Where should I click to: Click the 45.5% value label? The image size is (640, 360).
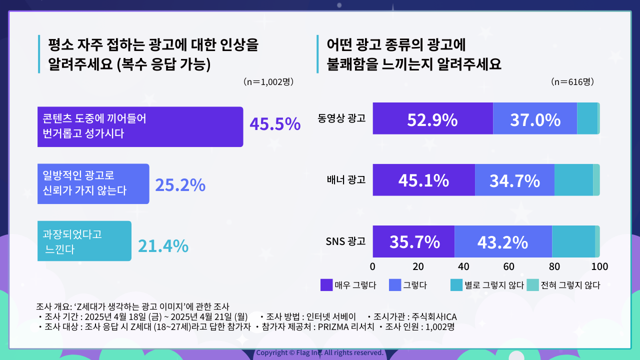(x=275, y=124)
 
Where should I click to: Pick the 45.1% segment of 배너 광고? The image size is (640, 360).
(x=423, y=180)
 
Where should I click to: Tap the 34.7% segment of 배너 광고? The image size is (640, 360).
(x=514, y=180)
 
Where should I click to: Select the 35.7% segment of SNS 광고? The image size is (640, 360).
(x=413, y=241)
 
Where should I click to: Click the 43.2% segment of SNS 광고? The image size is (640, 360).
(x=503, y=241)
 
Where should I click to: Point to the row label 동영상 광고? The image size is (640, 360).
(x=341, y=119)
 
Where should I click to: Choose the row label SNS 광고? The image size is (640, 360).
(x=345, y=241)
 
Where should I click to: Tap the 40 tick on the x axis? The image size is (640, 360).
(x=463, y=265)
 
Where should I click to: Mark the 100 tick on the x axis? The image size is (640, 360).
(x=599, y=265)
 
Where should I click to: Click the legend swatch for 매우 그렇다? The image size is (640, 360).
(x=326, y=285)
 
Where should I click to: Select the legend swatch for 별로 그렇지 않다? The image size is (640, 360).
(x=456, y=285)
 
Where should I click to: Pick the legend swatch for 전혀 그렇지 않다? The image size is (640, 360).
(x=532, y=285)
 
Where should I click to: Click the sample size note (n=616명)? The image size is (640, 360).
(x=572, y=81)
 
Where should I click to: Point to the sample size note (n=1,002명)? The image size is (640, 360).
(x=268, y=81)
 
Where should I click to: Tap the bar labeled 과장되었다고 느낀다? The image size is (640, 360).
(x=84, y=241)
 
